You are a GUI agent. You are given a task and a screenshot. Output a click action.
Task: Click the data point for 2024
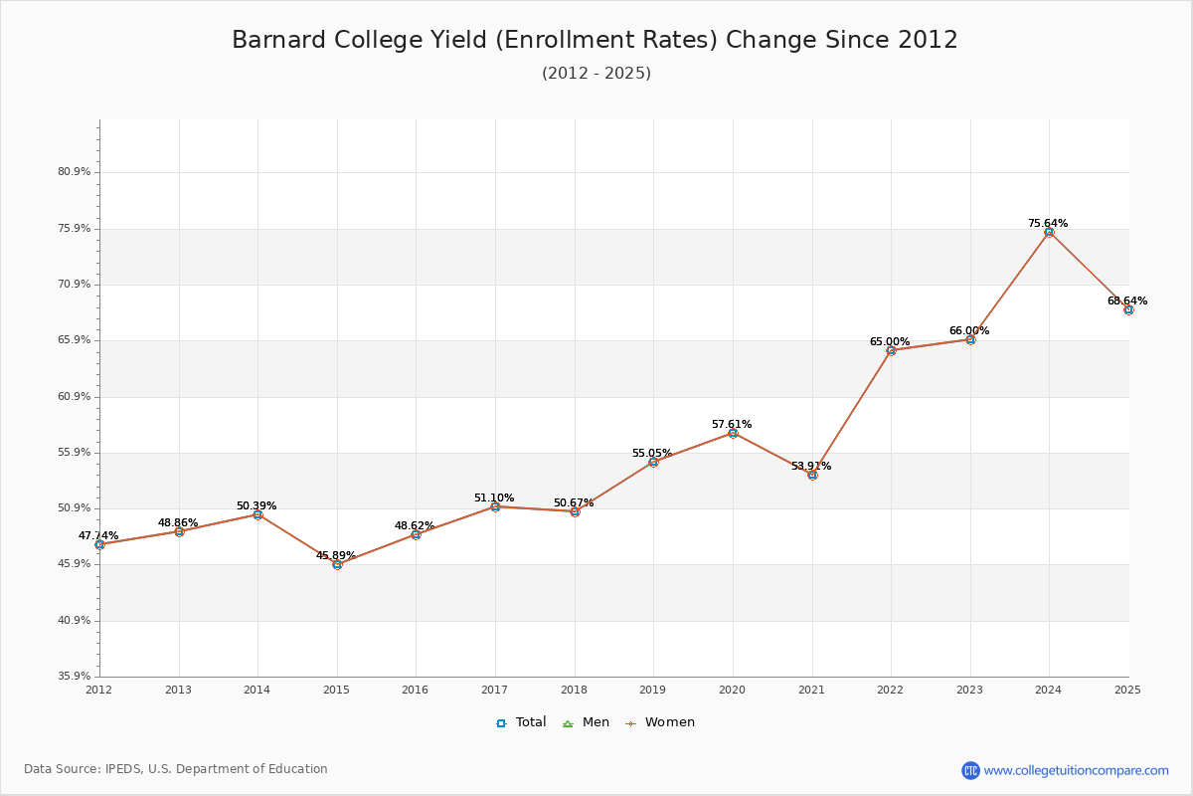[x=1049, y=232]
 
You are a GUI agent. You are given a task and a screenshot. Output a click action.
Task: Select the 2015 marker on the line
[x=337, y=564]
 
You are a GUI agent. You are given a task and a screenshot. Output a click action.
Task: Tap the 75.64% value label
[x=1048, y=223]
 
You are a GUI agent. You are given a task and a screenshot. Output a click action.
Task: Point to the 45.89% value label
[x=336, y=555]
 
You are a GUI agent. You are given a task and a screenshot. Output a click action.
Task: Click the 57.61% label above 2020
[x=732, y=424]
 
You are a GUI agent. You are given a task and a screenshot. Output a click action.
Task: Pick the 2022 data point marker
[x=891, y=350]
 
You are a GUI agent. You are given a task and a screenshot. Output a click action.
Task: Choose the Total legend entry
[x=522, y=722]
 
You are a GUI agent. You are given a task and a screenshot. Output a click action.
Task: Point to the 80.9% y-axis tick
[x=75, y=172]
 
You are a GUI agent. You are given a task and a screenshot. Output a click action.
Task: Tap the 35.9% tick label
[x=75, y=677]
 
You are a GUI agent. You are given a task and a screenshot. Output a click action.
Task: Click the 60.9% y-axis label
[x=75, y=396]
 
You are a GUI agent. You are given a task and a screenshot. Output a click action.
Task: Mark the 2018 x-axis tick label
[x=575, y=690]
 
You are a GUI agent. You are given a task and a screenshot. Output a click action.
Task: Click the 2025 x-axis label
[x=1127, y=690]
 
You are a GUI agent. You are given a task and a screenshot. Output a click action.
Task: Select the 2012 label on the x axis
[x=99, y=690]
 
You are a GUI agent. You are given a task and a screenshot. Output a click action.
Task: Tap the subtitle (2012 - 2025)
[x=596, y=73]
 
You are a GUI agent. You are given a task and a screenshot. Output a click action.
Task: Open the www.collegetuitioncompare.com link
[x=1076, y=770]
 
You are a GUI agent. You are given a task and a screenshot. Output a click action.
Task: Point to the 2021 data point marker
[x=812, y=475]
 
